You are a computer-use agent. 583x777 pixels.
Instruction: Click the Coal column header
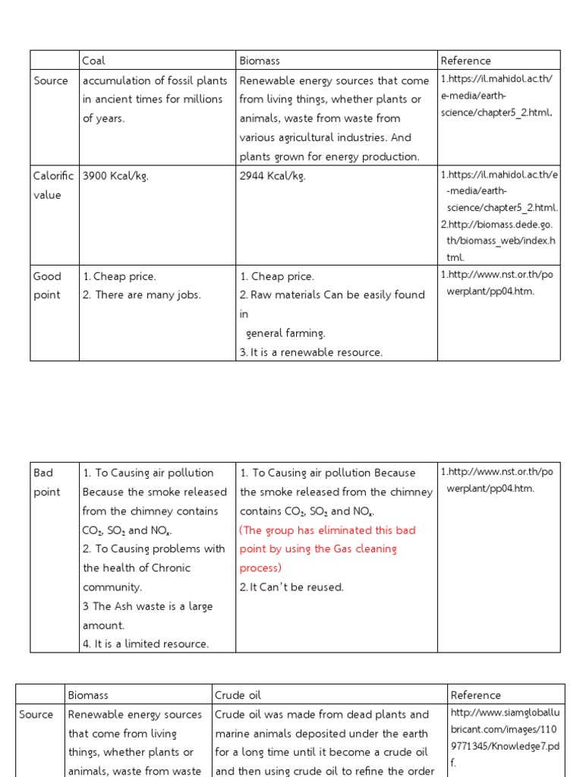pos(94,61)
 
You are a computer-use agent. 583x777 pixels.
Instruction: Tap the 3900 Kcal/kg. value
pos(115,176)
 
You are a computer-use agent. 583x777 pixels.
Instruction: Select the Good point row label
pos(48,285)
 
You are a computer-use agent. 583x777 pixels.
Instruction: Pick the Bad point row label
pos(46,482)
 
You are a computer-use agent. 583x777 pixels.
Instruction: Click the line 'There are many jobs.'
pos(142,295)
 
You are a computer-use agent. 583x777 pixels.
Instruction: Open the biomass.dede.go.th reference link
pos(498,232)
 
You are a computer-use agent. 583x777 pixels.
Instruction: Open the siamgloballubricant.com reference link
pos(505,733)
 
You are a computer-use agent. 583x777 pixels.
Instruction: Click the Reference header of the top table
pos(465,61)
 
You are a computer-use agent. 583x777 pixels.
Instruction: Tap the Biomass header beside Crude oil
pos(88,695)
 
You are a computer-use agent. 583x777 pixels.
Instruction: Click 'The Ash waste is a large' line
pos(148,606)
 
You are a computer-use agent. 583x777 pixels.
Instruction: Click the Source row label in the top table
pos(51,80)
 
